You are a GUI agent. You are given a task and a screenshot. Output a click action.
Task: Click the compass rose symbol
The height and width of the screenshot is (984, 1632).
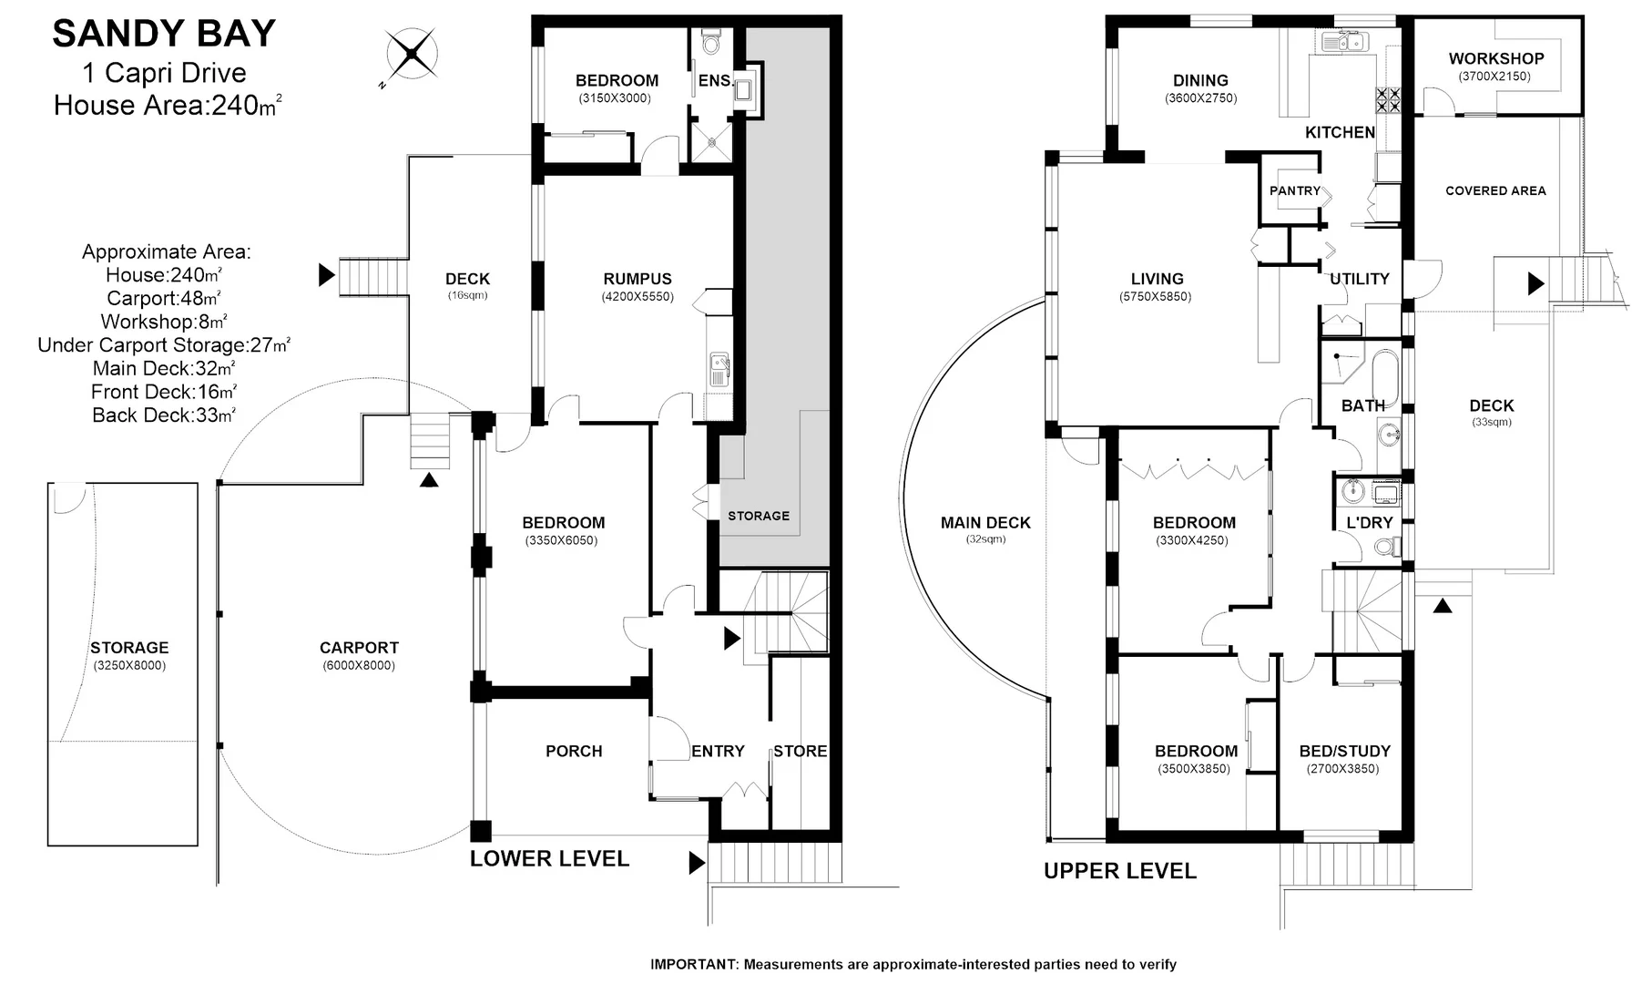coord(411,55)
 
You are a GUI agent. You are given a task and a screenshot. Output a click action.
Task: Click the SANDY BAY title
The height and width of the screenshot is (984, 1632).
coord(164,34)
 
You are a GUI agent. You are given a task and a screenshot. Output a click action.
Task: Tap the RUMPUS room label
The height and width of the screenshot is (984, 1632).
coord(637,279)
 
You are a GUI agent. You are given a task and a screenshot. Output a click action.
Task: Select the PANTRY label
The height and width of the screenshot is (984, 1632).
coord(1294,190)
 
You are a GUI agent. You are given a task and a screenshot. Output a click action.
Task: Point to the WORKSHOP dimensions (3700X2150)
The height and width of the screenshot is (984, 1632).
coord(1494,77)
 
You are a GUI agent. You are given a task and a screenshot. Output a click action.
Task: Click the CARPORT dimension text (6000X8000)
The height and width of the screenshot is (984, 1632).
coord(359,665)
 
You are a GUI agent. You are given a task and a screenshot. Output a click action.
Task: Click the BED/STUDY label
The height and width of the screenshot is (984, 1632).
coord(1344,751)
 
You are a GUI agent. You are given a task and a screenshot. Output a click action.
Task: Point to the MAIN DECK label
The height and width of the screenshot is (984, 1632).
coord(985,522)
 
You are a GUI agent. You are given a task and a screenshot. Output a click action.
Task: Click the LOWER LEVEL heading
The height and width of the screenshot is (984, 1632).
coord(549,858)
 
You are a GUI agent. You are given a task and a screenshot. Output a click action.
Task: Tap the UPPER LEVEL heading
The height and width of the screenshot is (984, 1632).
coord(1119,871)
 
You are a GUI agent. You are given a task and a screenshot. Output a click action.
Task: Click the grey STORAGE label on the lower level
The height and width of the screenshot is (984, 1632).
coord(758,516)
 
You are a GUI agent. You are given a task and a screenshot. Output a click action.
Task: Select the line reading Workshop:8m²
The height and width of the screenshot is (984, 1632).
coord(164,322)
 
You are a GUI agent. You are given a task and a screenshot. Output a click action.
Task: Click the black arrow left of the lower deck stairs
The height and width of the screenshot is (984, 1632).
coord(326,274)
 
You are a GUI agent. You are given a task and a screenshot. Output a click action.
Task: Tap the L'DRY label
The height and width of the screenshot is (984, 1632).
coord(1369,523)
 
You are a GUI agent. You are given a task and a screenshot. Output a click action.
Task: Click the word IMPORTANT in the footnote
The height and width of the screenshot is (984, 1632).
coord(694,964)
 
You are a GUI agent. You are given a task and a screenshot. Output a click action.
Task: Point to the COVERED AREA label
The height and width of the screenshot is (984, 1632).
coord(1494,190)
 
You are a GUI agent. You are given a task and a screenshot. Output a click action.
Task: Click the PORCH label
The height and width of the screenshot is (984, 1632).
coord(574,751)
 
